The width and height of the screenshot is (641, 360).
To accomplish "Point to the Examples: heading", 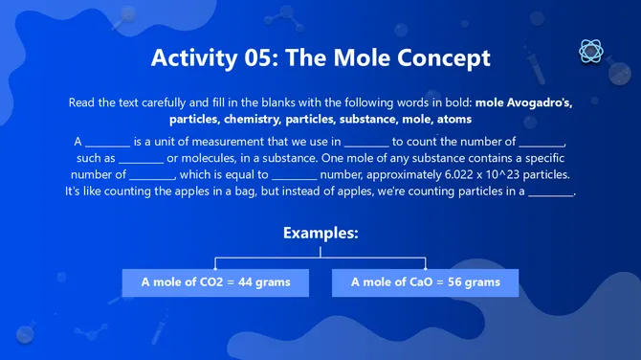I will click(320, 233).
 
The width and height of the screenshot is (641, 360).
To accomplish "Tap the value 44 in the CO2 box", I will click(249, 282).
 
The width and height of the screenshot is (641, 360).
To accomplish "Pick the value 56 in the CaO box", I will click(458, 282).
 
